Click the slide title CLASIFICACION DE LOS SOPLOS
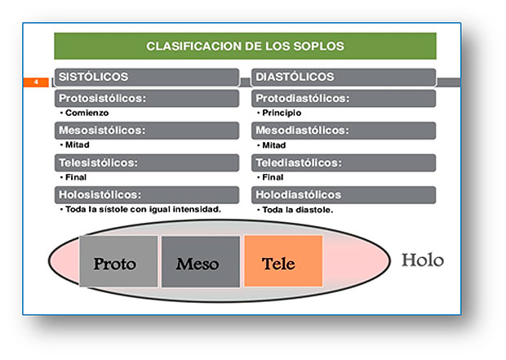tap(245, 47)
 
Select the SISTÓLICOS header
tap(93, 77)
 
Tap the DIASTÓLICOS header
tap(295, 77)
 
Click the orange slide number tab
tap(36, 82)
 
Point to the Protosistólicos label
tap(102, 98)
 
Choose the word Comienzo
tap(87, 113)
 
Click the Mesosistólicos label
tap(102, 130)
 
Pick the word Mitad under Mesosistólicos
tap(78, 144)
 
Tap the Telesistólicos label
tap(98, 162)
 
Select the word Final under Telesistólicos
tap(76, 177)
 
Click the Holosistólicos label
tap(100, 194)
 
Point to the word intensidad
tap(197, 209)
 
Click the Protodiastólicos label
tap(302, 98)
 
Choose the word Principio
tap(282, 113)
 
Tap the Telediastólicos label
tap(299, 162)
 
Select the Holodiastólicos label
tap(298, 194)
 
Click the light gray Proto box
tap(118, 261)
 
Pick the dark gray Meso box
tap(201, 261)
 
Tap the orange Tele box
tap(283, 261)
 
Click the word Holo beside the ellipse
tap(423, 260)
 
